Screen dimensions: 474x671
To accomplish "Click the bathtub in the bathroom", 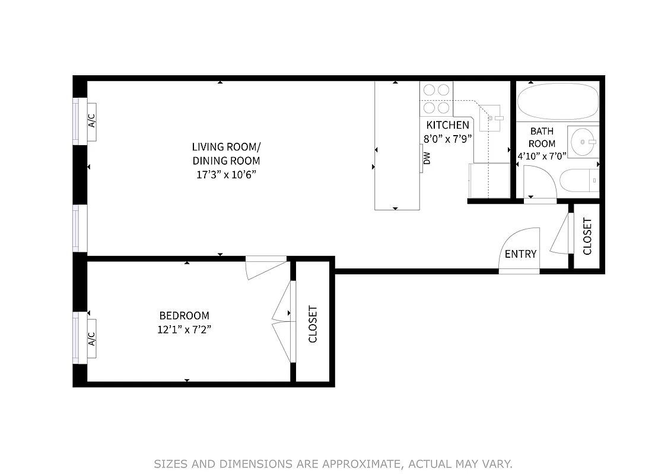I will (x=556, y=101).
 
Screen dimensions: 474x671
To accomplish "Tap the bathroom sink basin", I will (x=583, y=142).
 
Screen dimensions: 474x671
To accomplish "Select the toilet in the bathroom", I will (x=579, y=180).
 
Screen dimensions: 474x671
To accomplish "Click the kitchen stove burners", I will (x=436, y=98).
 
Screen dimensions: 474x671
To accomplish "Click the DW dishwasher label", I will (x=426, y=159).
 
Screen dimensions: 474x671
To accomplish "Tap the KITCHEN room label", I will (x=448, y=125).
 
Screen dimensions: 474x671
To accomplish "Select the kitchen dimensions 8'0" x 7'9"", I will (x=448, y=140).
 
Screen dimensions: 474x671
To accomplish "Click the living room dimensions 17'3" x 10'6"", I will (x=225, y=175).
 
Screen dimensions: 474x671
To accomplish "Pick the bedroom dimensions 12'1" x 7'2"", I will (x=184, y=330).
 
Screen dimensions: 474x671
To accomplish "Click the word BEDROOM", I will (x=184, y=316).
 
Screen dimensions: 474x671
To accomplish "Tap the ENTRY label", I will (x=520, y=254).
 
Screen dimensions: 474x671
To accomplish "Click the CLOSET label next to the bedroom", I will (x=313, y=324).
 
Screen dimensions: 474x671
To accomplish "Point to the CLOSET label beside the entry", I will (x=587, y=236).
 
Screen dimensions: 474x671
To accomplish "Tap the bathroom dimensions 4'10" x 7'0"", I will (x=542, y=156).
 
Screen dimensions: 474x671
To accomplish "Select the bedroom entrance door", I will (x=266, y=266).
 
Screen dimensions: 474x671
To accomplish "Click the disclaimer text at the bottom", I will (x=333, y=464).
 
